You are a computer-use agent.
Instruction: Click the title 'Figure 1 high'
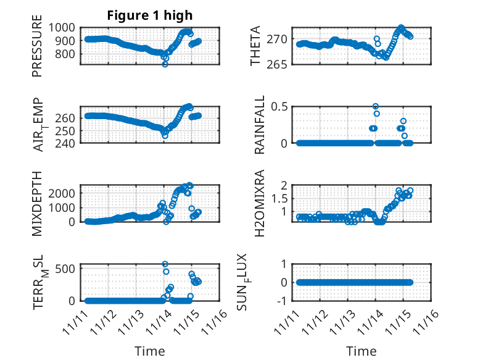point(150,15)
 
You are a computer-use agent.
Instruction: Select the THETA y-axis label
point(255,46)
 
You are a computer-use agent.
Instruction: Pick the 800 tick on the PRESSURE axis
point(68,54)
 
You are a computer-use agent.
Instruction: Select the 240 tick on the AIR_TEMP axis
point(68,143)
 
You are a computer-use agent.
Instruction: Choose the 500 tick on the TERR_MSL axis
point(68,267)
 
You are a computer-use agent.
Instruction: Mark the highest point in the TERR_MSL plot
point(165,264)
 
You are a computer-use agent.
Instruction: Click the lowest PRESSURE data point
point(165,64)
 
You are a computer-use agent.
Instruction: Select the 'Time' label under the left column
point(150,351)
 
